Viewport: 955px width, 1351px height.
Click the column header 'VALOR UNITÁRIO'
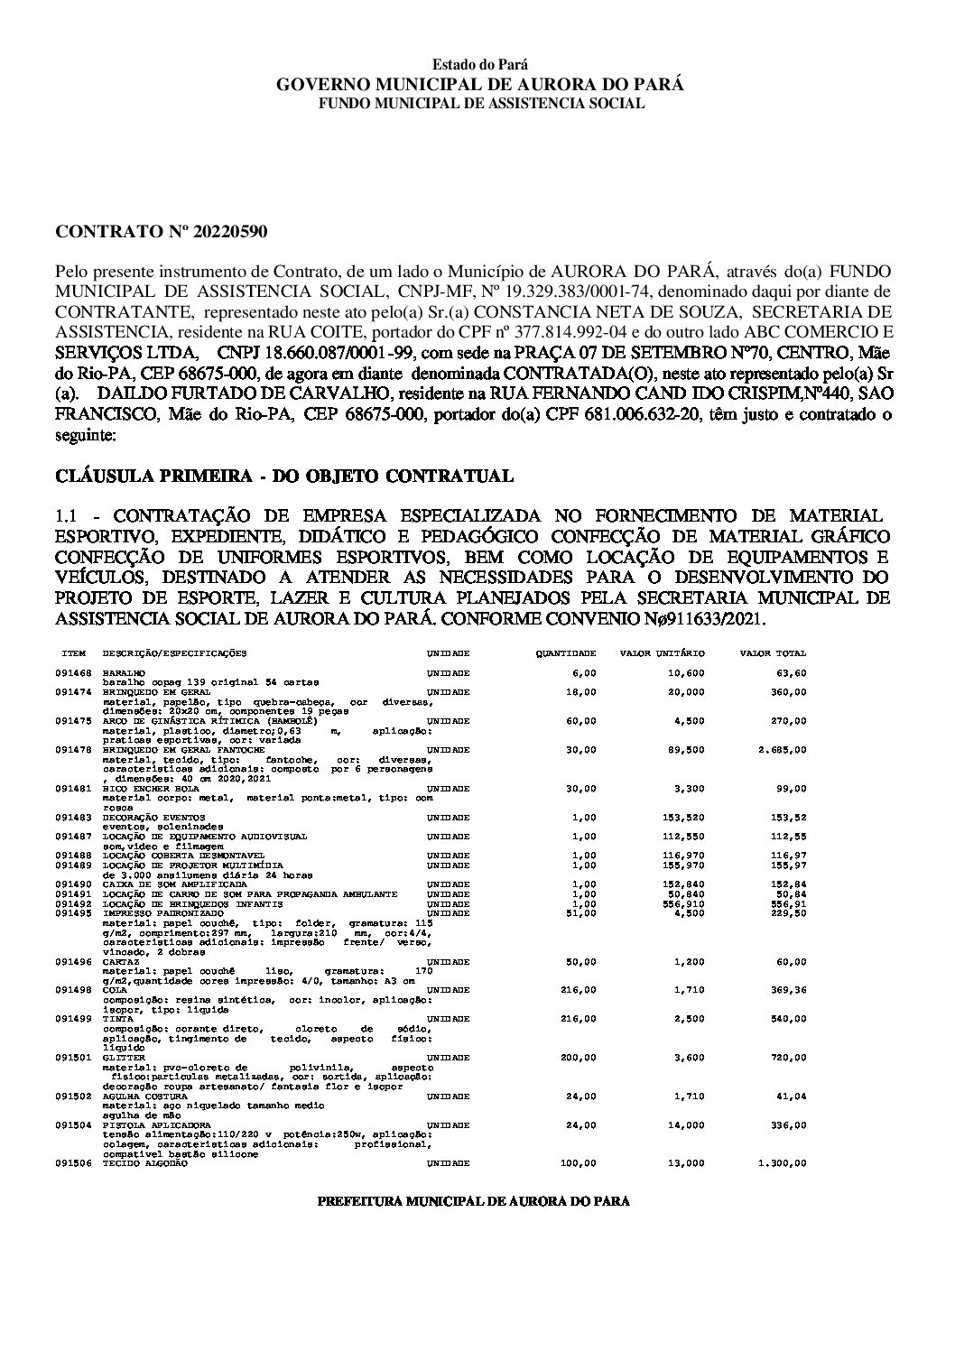point(662,653)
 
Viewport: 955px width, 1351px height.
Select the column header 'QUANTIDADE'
point(566,653)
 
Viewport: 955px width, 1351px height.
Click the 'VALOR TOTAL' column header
point(773,653)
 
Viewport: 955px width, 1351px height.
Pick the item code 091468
point(73,673)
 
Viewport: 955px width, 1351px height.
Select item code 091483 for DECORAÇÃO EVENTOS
point(73,818)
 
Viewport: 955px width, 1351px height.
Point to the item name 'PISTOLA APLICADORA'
point(144,1126)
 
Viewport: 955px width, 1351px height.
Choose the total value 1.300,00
point(782,1164)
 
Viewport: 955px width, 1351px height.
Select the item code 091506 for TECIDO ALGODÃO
point(73,1164)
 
